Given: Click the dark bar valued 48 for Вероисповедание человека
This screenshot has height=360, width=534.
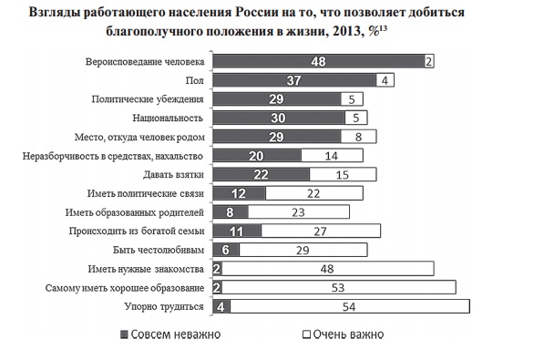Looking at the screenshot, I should click(x=317, y=61).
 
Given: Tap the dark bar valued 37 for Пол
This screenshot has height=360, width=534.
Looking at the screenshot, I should click(x=293, y=80).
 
